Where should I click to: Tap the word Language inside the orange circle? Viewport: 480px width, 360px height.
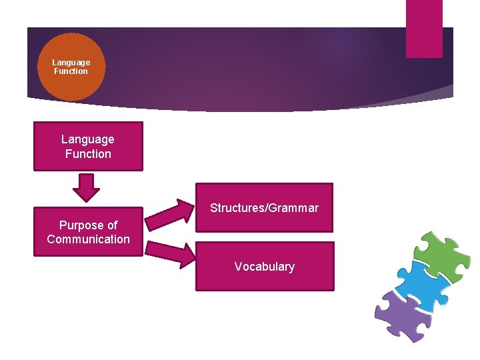[71, 63]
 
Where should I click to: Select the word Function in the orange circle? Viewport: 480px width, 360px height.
[71, 71]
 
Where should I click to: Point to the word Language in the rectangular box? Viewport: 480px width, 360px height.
[88, 139]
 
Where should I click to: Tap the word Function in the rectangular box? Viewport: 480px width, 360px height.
[88, 154]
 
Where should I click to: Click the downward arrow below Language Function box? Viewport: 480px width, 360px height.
[86, 187]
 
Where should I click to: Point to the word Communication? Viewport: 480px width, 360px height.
[88, 239]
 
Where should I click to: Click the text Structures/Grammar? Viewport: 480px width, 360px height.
[264, 208]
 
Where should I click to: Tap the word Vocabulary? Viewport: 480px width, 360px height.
[264, 267]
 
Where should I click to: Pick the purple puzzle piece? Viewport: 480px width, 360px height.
[400, 314]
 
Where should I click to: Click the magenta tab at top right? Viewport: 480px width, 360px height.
[424, 28]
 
